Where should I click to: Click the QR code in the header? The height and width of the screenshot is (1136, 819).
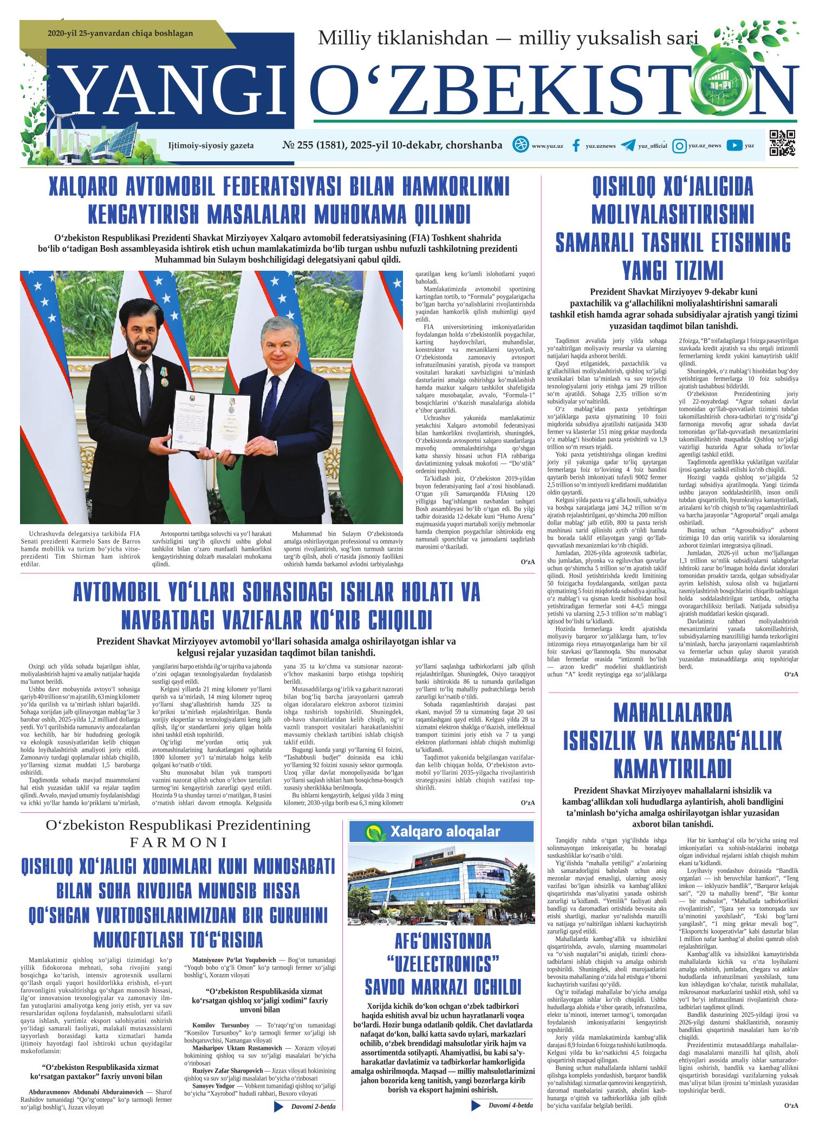pyautogui.click(x=782, y=143)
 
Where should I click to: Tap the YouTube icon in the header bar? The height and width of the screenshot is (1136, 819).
pyautogui.click(x=734, y=145)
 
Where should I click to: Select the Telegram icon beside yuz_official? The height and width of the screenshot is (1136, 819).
pyautogui.click(x=628, y=145)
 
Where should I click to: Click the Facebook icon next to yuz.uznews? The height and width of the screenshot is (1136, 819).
pyautogui.click(x=576, y=145)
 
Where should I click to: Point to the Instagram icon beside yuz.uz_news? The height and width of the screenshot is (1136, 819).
pyautogui.click(x=679, y=145)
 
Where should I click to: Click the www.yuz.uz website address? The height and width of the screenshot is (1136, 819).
pyautogui.click(x=547, y=146)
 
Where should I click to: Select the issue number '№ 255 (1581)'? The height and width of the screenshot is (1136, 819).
pyautogui.click(x=314, y=145)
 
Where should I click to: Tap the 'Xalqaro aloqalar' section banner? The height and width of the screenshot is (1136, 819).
pyautogui.click(x=439, y=831)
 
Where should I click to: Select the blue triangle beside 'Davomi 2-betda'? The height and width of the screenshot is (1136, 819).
pyautogui.click(x=279, y=1117)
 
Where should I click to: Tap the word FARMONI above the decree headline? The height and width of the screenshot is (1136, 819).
pyautogui.click(x=178, y=843)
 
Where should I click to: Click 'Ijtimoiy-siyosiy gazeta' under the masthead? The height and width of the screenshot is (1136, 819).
pyautogui.click(x=211, y=146)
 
